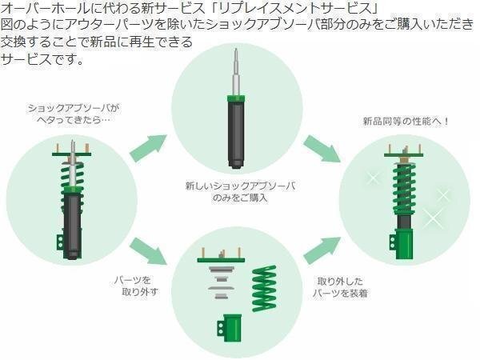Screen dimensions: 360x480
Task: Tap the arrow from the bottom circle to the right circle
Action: point(322,248)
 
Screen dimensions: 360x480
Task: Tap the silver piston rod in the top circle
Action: point(237,76)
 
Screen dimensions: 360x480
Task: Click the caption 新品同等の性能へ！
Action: point(406,122)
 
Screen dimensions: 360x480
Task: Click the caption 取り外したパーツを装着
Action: point(340,289)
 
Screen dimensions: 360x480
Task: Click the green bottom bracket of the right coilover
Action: point(402,240)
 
